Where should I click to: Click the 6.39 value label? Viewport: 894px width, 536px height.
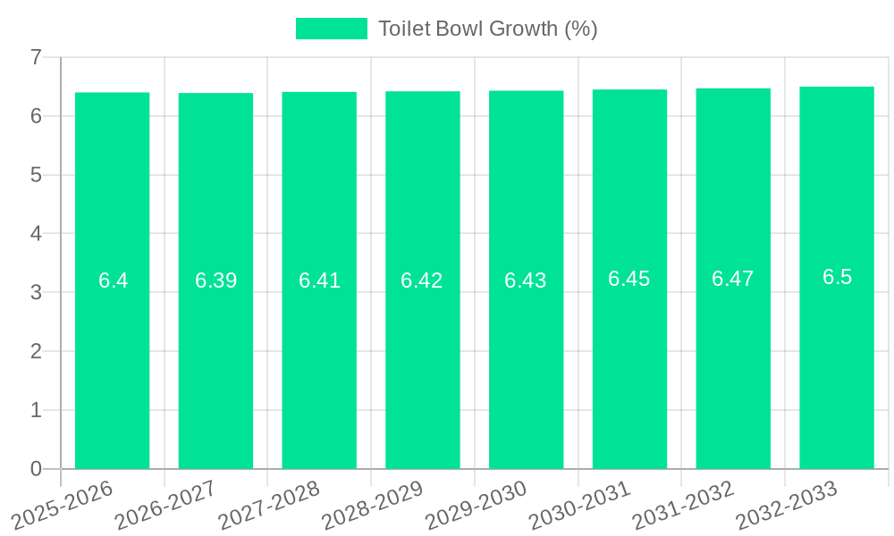coord(215,281)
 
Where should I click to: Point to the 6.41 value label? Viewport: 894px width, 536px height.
coord(319,281)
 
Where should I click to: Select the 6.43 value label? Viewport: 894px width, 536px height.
coord(526,281)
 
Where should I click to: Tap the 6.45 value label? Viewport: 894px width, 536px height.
coord(629,279)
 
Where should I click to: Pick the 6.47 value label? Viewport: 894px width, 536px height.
coord(733,279)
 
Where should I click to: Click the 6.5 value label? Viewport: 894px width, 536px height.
coord(837,277)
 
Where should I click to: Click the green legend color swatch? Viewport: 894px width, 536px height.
coord(331,29)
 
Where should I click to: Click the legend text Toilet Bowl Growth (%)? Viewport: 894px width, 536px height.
coord(487,29)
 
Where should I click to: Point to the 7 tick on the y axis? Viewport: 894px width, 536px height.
coord(36,57)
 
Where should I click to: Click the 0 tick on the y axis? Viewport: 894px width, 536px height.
coord(36,469)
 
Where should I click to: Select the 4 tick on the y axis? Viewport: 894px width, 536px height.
coord(36,234)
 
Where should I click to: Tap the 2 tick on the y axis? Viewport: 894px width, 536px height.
coord(36,351)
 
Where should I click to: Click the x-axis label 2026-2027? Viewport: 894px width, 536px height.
coord(166,505)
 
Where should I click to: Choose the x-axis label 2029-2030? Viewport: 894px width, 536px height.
coord(477,505)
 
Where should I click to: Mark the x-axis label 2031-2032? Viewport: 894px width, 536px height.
coord(684,505)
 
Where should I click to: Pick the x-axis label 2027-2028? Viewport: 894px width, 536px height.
coord(270,505)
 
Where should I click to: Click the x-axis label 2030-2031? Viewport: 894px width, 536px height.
coord(580,505)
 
